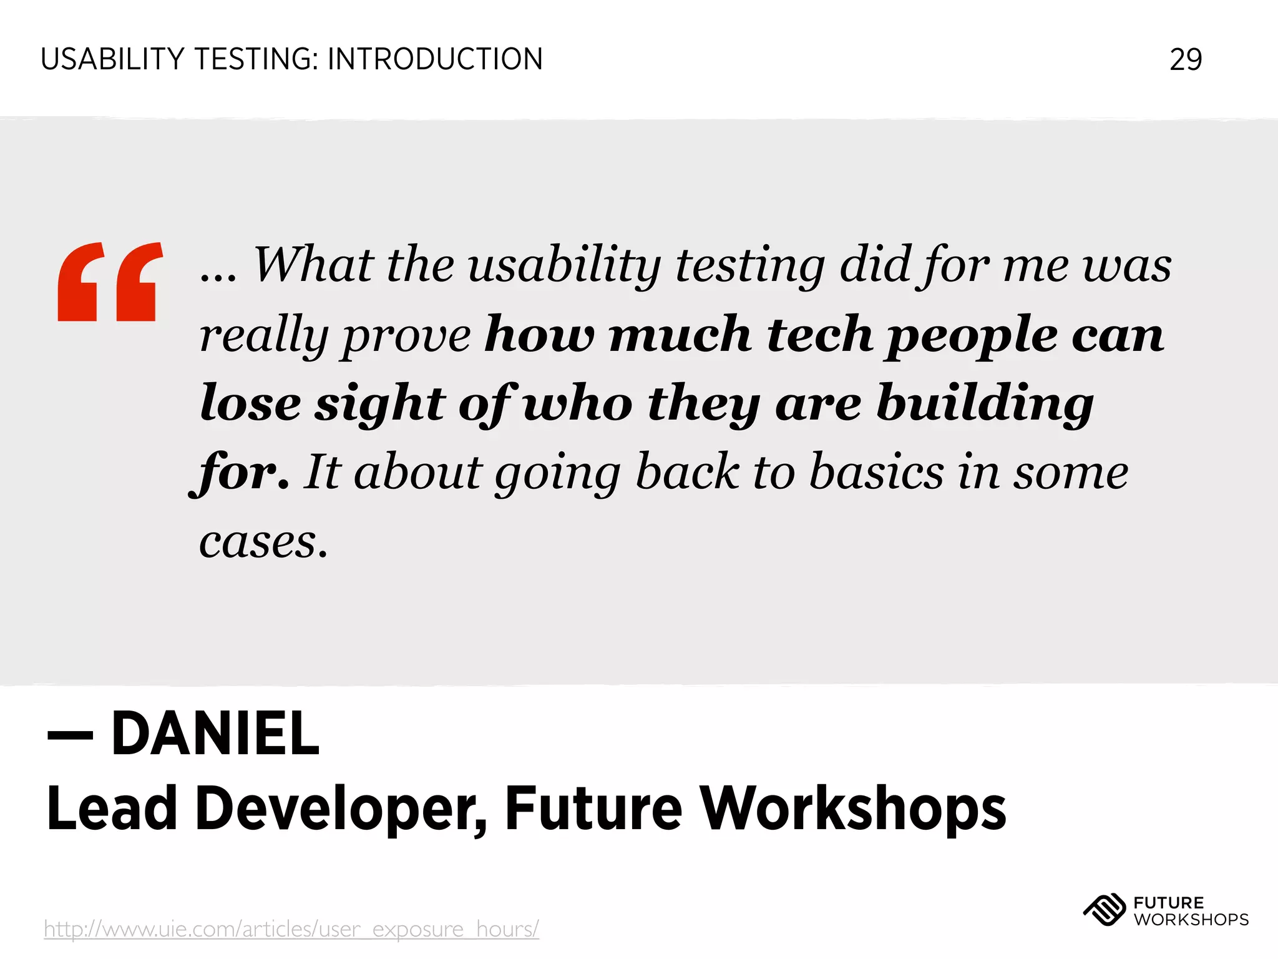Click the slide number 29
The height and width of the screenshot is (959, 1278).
(1185, 60)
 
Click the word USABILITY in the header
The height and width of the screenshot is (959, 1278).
(112, 60)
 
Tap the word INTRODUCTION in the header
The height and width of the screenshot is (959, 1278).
(435, 60)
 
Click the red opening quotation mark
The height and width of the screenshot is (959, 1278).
(110, 282)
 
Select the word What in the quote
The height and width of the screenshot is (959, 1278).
(313, 265)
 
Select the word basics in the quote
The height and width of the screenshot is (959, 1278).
(877, 473)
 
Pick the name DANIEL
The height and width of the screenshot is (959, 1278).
(215, 734)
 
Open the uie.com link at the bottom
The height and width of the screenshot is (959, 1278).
(291, 929)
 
